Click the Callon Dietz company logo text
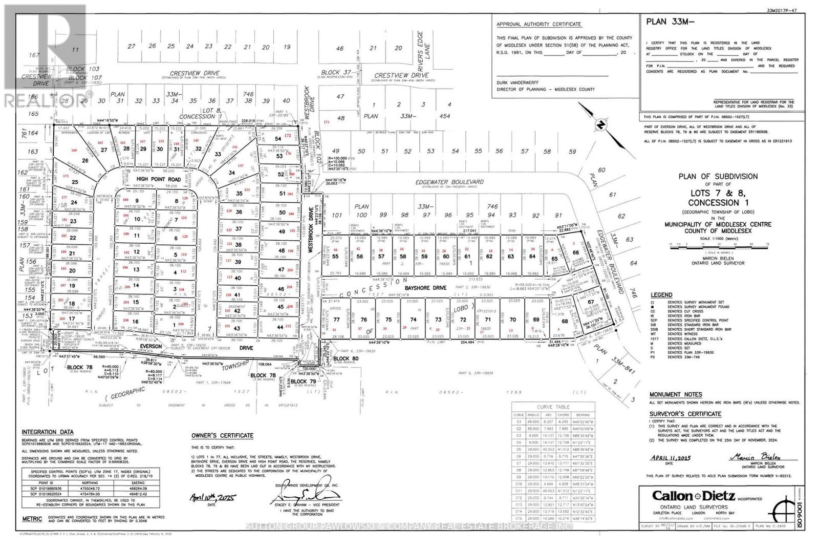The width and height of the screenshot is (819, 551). click(x=693, y=496)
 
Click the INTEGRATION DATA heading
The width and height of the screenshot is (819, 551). click(x=47, y=432)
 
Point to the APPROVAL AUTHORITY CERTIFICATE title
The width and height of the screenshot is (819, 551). click(x=538, y=24)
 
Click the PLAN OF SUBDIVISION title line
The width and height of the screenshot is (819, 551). click(x=718, y=176)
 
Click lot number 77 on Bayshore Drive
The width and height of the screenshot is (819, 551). click(x=336, y=320)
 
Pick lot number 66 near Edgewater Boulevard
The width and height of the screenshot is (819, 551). click(x=576, y=252)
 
